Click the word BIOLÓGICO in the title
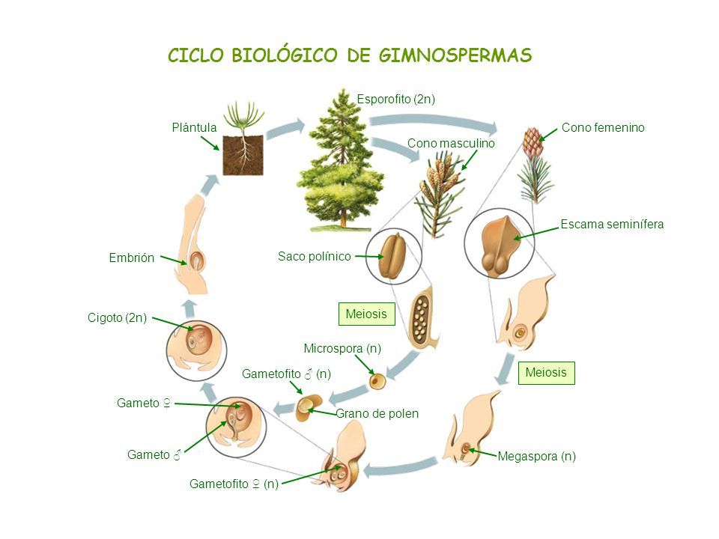point(285,55)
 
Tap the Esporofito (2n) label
point(395,99)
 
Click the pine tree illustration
point(342,160)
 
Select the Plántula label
point(194,127)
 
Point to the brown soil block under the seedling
point(243,156)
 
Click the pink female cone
point(533,141)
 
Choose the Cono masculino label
point(451,144)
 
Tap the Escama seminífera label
point(612,224)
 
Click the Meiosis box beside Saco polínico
point(366,314)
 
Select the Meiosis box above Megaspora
point(546,372)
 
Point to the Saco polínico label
point(314,256)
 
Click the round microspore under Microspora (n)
point(377,381)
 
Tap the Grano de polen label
point(377,414)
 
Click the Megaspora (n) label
point(536,457)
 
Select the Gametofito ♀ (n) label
point(234,484)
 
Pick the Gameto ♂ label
point(154,454)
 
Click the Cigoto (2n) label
point(117,318)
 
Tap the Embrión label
point(132,258)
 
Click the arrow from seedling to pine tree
point(285,128)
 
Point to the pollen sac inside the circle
point(391,256)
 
